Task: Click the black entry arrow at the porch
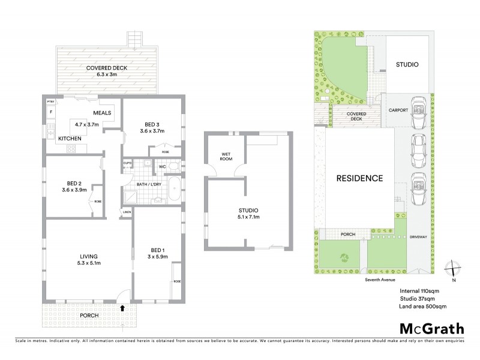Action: (122, 308)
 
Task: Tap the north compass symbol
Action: (453, 271)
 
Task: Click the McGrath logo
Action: (431, 328)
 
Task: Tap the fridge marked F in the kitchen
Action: (51, 112)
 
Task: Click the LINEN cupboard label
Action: (127, 212)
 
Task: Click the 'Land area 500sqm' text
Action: (422, 307)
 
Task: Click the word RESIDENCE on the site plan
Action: (359, 178)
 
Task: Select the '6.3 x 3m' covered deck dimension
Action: (100, 76)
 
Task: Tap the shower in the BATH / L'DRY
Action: (130, 195)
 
